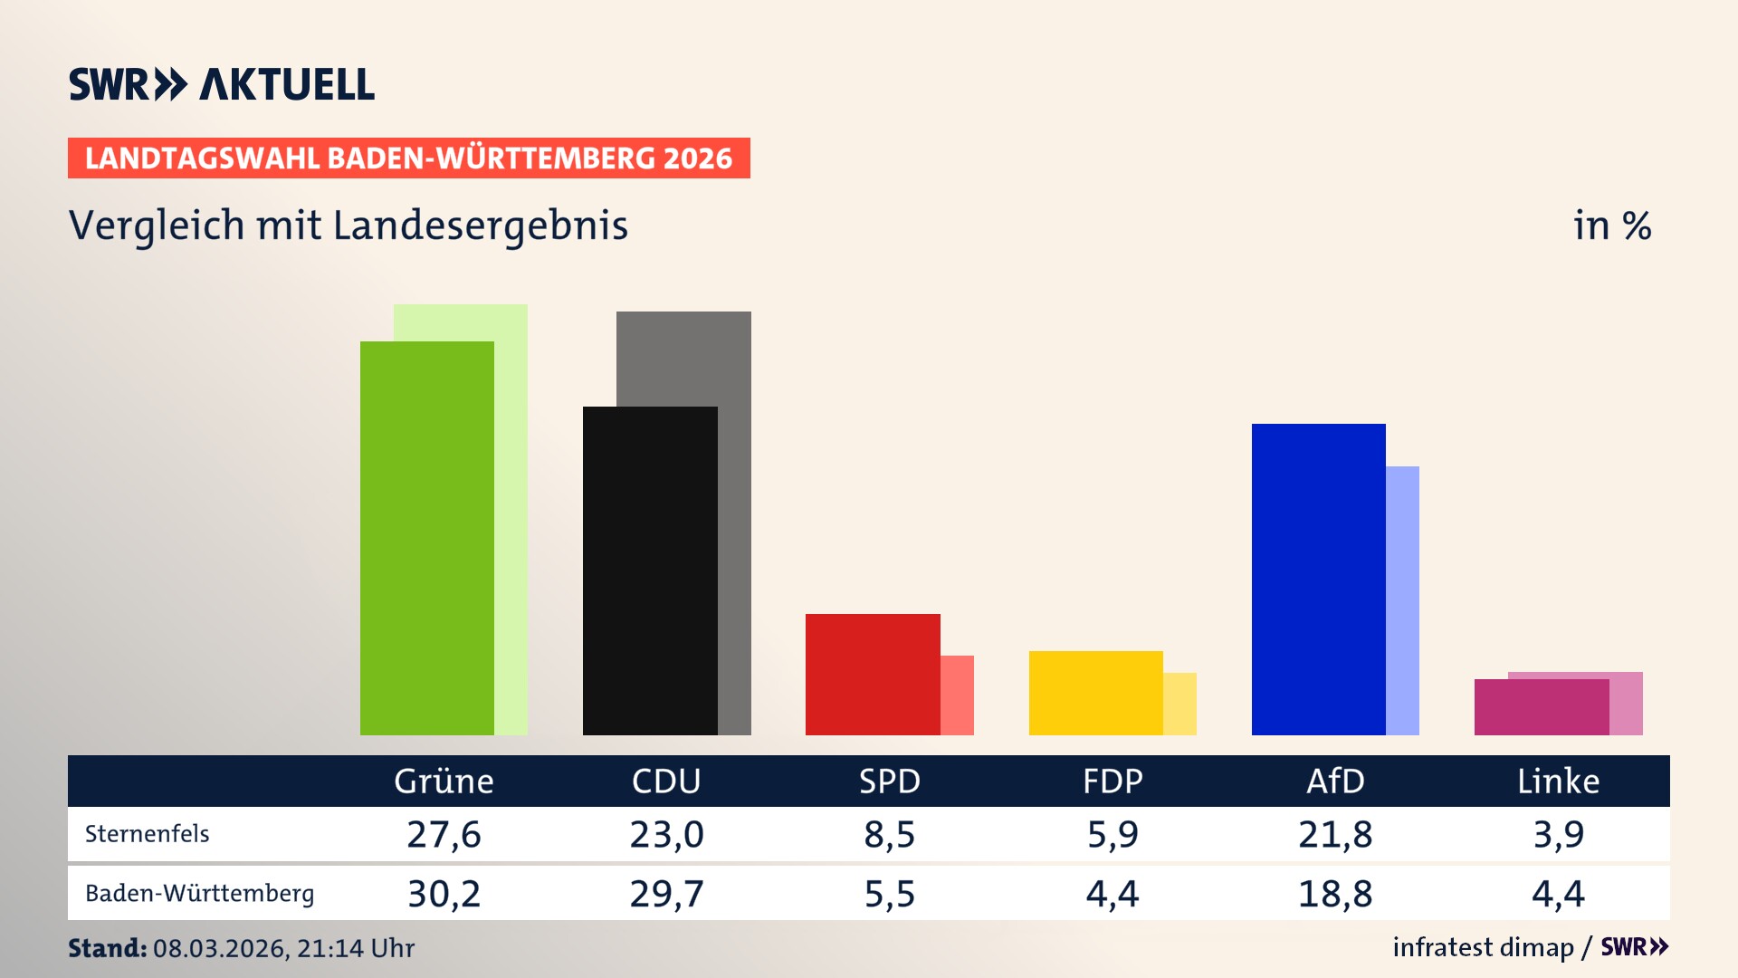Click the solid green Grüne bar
click(x=426, y=538)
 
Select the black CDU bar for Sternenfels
click(x=649, y=570)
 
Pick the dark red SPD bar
click(x=872, y=674)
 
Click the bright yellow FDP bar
click(x=1095, y=693)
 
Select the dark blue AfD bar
click(x=1318, y=580)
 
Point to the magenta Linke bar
click(x=1541, y=707)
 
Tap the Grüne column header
click(x=444, y=781)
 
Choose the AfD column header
click(x=1335, y=781)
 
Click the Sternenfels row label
click(x=147, y=834)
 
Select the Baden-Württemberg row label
click(x=199, y=894)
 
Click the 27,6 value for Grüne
click(x=444, y=834)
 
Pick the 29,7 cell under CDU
click(x=666, y=894)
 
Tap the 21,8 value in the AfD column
click(x=1335, y=834)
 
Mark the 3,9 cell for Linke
click(x=1558, y=834)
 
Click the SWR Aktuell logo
click(x=222, y=84)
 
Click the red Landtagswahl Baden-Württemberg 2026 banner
click(x=408, y=158)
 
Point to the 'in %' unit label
click(x=1611, y=225)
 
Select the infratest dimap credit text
click(x=1483, y=947)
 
